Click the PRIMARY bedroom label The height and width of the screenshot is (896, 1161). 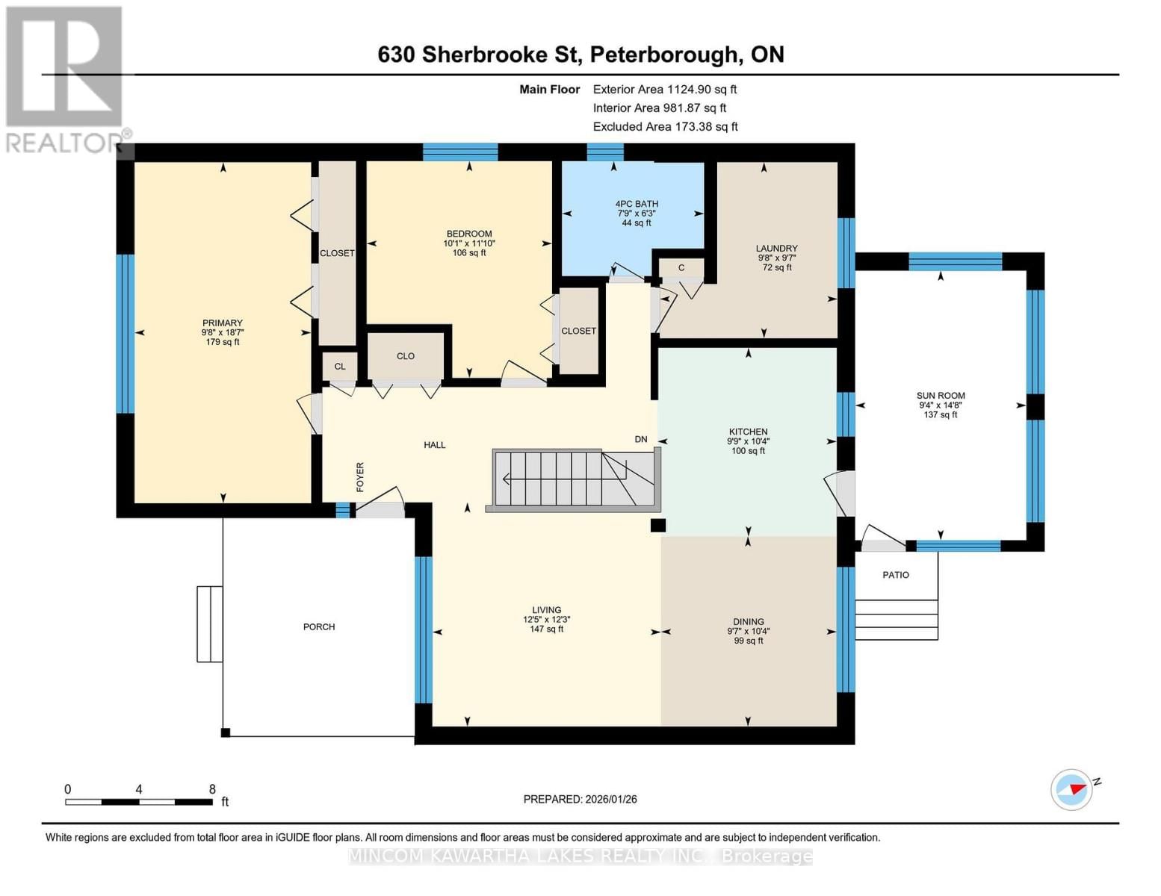coord(222,323)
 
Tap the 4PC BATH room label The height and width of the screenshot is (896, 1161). coord(637,204)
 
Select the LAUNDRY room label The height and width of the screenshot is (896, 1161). coord(776,249)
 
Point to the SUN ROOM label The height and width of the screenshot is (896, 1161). coord(941,396)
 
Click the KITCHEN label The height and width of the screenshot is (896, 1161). coord(748,432)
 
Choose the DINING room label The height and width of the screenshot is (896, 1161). coord(748,621)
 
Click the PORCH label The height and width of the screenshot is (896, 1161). coord(319,626)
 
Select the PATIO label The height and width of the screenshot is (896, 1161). coord(895,575)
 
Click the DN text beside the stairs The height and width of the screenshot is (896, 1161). coord(641,439)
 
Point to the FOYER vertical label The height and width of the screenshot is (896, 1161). coord(360,476)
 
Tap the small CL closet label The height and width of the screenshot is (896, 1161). coord(340,367)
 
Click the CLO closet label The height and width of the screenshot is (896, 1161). coord(406,356)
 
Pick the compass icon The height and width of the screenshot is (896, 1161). coord(1071,789)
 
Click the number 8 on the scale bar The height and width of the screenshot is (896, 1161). coord(212,789)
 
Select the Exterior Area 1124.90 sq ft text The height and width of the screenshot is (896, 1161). coord(665,89)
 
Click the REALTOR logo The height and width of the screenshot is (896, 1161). coord(65,78)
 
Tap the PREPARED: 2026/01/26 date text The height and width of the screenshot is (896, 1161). coord(580,799)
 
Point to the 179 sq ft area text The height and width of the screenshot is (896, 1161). coord(222,342)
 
